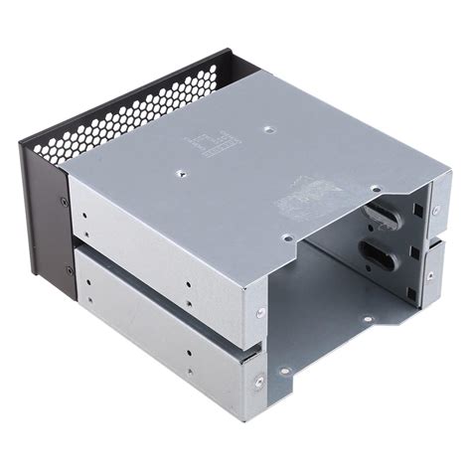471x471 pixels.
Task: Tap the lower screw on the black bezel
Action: click(x=69, y=270)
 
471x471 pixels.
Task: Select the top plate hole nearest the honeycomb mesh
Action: click(x=267, y=128)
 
